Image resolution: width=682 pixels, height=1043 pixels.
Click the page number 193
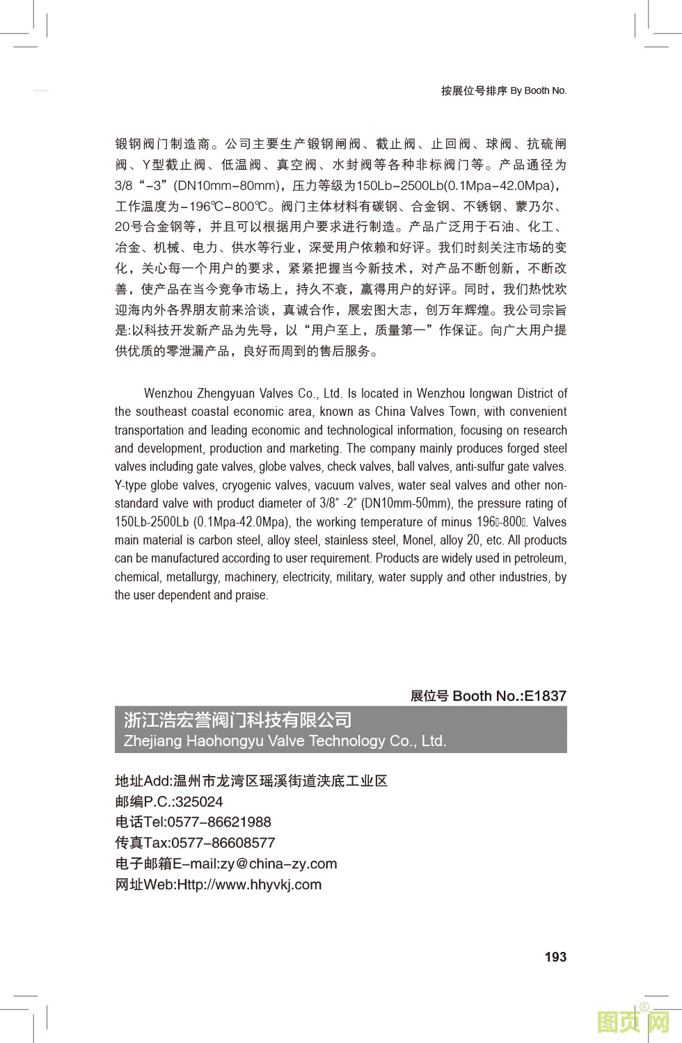(x=555, y=957)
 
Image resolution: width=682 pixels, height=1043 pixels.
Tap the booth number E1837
(x=545, y=695)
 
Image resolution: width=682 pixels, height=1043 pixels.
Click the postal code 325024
(x=199, y=801)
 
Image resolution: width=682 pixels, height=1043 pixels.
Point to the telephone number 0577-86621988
(x=219, y=822)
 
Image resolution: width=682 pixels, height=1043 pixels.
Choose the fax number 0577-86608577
(x=223, y=843)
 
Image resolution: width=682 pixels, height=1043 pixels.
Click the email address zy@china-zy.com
(x=278, y=864)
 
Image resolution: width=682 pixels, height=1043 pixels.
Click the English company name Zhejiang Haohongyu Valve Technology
(x=285, y=741)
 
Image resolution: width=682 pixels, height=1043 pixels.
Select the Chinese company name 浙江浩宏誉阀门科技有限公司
(x=238, y=720)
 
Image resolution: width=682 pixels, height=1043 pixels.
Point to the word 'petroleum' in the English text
(x=540, y=558)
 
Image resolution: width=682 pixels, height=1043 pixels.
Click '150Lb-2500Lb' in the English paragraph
(x=152, y=522)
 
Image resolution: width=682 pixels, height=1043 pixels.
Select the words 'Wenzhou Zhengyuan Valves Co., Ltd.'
(x=243, y=394)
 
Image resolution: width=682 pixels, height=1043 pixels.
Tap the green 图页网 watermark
(x=633, y=1022)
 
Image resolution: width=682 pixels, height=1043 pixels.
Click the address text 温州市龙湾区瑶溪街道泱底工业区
(x=280, y=781)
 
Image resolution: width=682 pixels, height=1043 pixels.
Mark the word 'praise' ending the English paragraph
(x=251, y=595)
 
